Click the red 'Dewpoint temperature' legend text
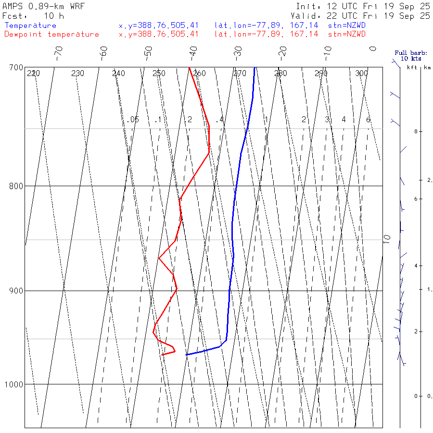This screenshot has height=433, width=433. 52,34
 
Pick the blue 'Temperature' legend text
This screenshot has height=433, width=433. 30,25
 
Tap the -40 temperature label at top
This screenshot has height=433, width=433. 193,51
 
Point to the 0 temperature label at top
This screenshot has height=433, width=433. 372,49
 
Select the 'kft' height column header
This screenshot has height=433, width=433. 412,67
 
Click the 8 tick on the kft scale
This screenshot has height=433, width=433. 408,131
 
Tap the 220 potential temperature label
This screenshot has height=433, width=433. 33,73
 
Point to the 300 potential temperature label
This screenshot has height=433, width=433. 361,73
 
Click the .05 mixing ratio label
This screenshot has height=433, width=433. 133,119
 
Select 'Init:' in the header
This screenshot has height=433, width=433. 308,7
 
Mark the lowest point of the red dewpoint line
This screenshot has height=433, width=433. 162,355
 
